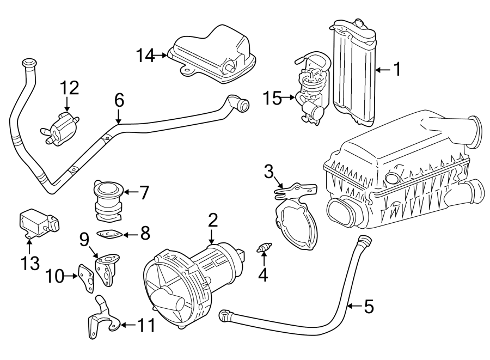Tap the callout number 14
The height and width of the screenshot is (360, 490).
(146, 55)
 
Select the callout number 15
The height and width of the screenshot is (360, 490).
(272, 99)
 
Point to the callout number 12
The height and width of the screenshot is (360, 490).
(69, 87)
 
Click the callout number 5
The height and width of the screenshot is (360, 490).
(369, 307)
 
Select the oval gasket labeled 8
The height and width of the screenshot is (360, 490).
(108, 235)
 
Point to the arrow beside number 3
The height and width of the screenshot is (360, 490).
(279, 184)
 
